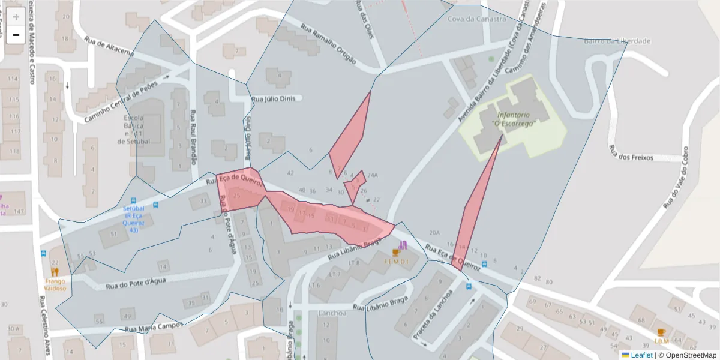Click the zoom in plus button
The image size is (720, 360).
point(16,17)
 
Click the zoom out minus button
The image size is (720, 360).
point(16,35)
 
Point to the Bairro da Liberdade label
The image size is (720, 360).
point(617,41)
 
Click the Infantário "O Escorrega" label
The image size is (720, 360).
point(513,118)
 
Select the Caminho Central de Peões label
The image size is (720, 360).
point(120,101)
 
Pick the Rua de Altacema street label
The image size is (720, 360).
point(109,48)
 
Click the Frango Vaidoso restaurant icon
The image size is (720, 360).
point(55,272)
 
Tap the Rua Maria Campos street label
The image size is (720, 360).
point(153,327)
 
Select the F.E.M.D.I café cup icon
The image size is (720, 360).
point(395,253)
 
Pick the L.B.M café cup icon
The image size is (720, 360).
point(661,332)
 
